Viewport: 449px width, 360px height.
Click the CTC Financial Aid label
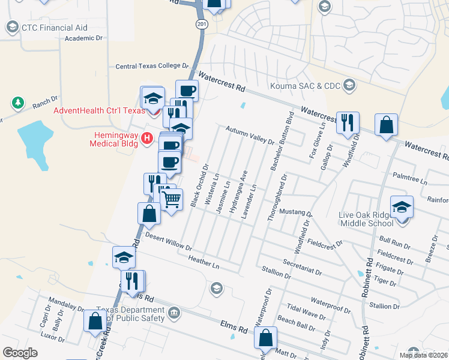click(54, 28)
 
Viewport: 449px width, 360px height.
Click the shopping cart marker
click(172, 199)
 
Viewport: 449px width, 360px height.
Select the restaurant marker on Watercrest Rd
click(348, 123)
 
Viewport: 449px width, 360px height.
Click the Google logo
click(20, 353)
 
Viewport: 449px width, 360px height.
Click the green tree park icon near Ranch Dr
click(19, 103)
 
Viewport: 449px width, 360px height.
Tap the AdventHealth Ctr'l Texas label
click(99, 110)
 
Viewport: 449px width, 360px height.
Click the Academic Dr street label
click(84, 38)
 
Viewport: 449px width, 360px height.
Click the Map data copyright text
click(423, 355)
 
